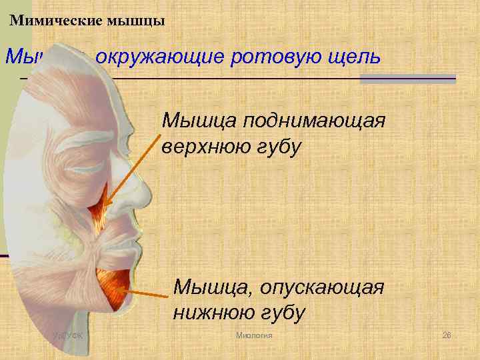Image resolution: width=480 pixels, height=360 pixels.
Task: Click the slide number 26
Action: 447,333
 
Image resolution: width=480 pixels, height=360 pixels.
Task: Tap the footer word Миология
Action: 255,333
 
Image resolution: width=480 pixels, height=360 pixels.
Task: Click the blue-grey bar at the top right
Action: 407,79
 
